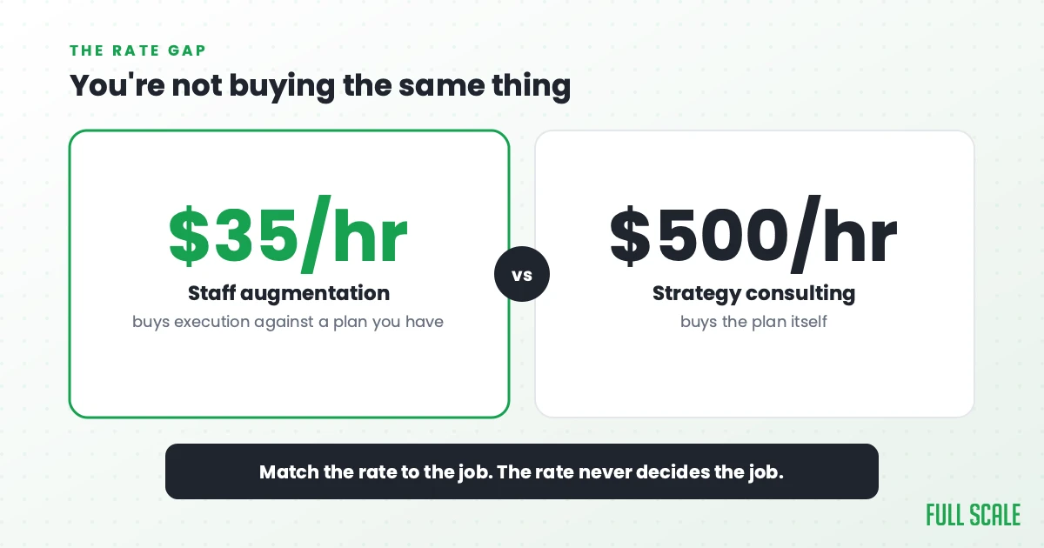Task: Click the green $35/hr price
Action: (x=288, y=234)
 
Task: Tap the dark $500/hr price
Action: (x=753, y=234)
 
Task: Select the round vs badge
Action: (x=522, y=274)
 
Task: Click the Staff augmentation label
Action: (x=289, y=294)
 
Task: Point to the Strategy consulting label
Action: (x=753, y=294)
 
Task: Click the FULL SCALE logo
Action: (x=974, y=515)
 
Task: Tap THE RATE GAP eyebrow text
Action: (x=138, y=50)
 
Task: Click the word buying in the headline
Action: (x=282, y=86)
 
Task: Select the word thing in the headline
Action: (x=532, y=86)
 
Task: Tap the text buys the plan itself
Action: (x=753, y=322)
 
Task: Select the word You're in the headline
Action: (x=117, y=85)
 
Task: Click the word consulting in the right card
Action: (x=800, y=294)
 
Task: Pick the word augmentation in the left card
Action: (x=315, y=294)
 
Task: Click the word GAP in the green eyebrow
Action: (x=187, y=50)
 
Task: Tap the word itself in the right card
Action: (x=810, y=322)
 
